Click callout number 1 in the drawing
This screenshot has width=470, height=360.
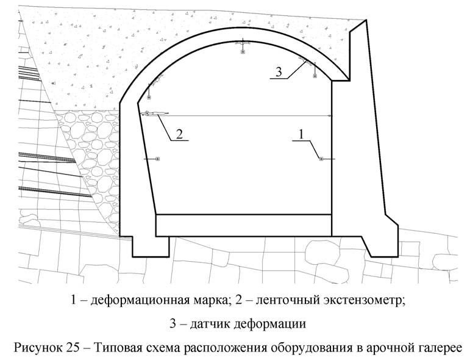point(301,134)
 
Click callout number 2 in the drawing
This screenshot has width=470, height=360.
point(179,134)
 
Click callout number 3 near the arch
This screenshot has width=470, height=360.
point(279,72)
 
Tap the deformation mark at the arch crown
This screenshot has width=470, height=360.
point(243,52)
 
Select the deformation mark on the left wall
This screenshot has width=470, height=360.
point(158,159)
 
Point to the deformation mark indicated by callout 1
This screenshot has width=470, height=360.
point(321,159)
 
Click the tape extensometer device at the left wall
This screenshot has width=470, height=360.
point(154,113)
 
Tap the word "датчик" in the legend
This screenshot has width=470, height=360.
point(209,324)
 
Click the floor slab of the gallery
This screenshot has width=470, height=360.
point(244,225)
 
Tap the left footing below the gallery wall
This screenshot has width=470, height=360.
point(151,247)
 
